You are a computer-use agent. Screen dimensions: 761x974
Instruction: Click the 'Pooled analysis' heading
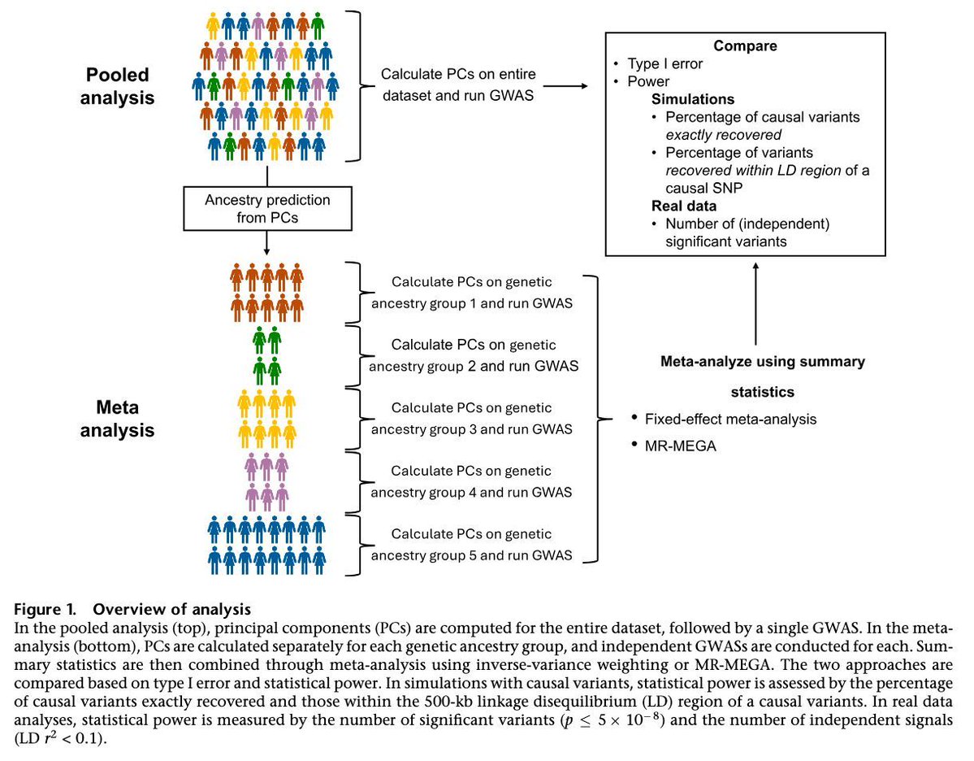pos(119,85)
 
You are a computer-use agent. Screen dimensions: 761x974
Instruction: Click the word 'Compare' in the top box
pos(745,46)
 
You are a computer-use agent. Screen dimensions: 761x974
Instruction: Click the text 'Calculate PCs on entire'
pos(459,74)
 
